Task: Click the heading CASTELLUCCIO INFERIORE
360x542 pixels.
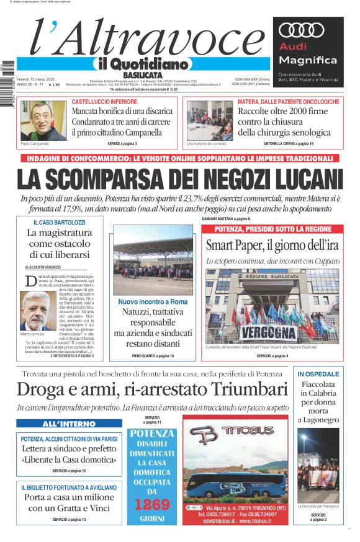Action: (x=104, y=101)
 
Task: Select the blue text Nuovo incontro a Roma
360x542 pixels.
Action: (x=153, y=302)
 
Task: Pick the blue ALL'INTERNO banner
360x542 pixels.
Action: (x=69, y=424)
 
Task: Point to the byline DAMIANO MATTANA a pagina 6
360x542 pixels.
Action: (x=226, y=219)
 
